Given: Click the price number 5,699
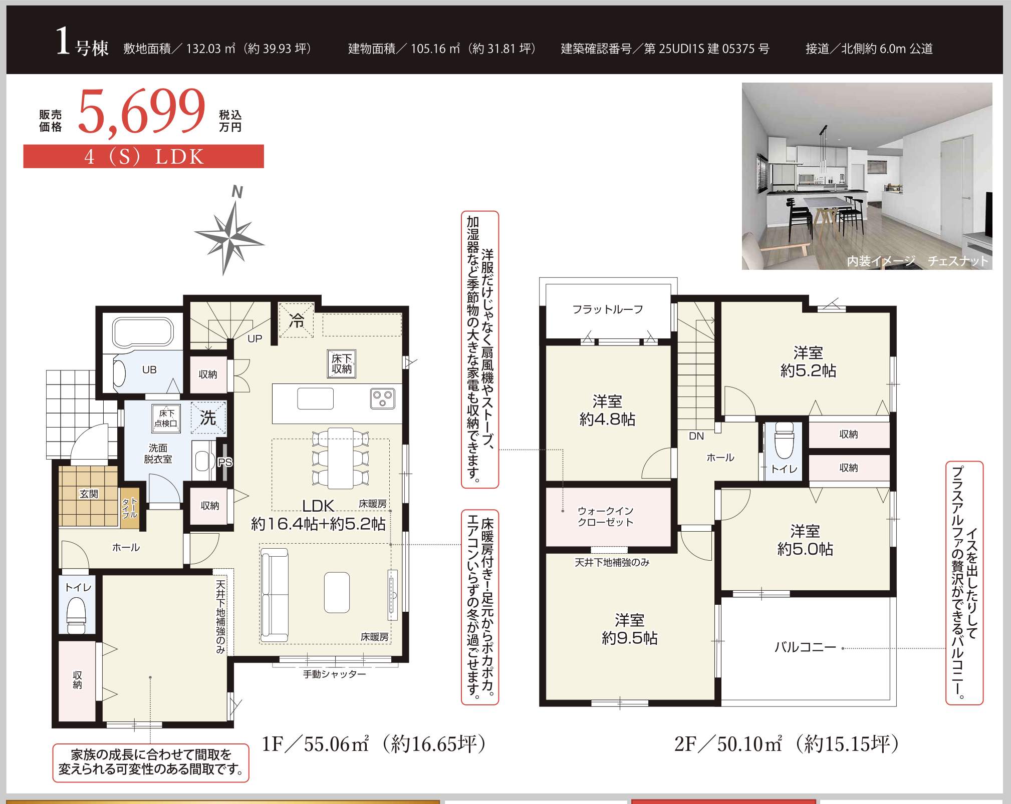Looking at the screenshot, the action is [x=142, y=112].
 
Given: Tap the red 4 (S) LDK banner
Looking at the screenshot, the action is [x=143, y=156].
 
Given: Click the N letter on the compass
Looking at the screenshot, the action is [x=237, y=192].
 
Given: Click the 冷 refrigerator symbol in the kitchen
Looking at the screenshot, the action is [x=297, y=320].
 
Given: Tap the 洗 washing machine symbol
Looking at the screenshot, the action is [x=208, y=418].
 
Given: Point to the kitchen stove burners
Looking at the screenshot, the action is [x=383, y=398].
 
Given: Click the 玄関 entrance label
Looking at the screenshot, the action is [x=89, y=494].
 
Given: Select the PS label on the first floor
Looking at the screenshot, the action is [x=225, y=462].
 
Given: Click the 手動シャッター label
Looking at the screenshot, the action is [x=334, y=674].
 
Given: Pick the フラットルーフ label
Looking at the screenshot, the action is [x=608, y=309].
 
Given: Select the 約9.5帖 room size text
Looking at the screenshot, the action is [x=630, y=638].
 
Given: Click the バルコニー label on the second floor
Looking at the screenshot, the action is [x=805, y=647].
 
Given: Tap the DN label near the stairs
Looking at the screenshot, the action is [x=696, y=436].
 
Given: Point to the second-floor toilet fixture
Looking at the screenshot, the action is [x=784, y=441].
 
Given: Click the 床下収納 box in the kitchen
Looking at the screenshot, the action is [x=342, y=363].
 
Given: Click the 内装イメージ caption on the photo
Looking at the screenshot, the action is [x=881, y=261].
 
